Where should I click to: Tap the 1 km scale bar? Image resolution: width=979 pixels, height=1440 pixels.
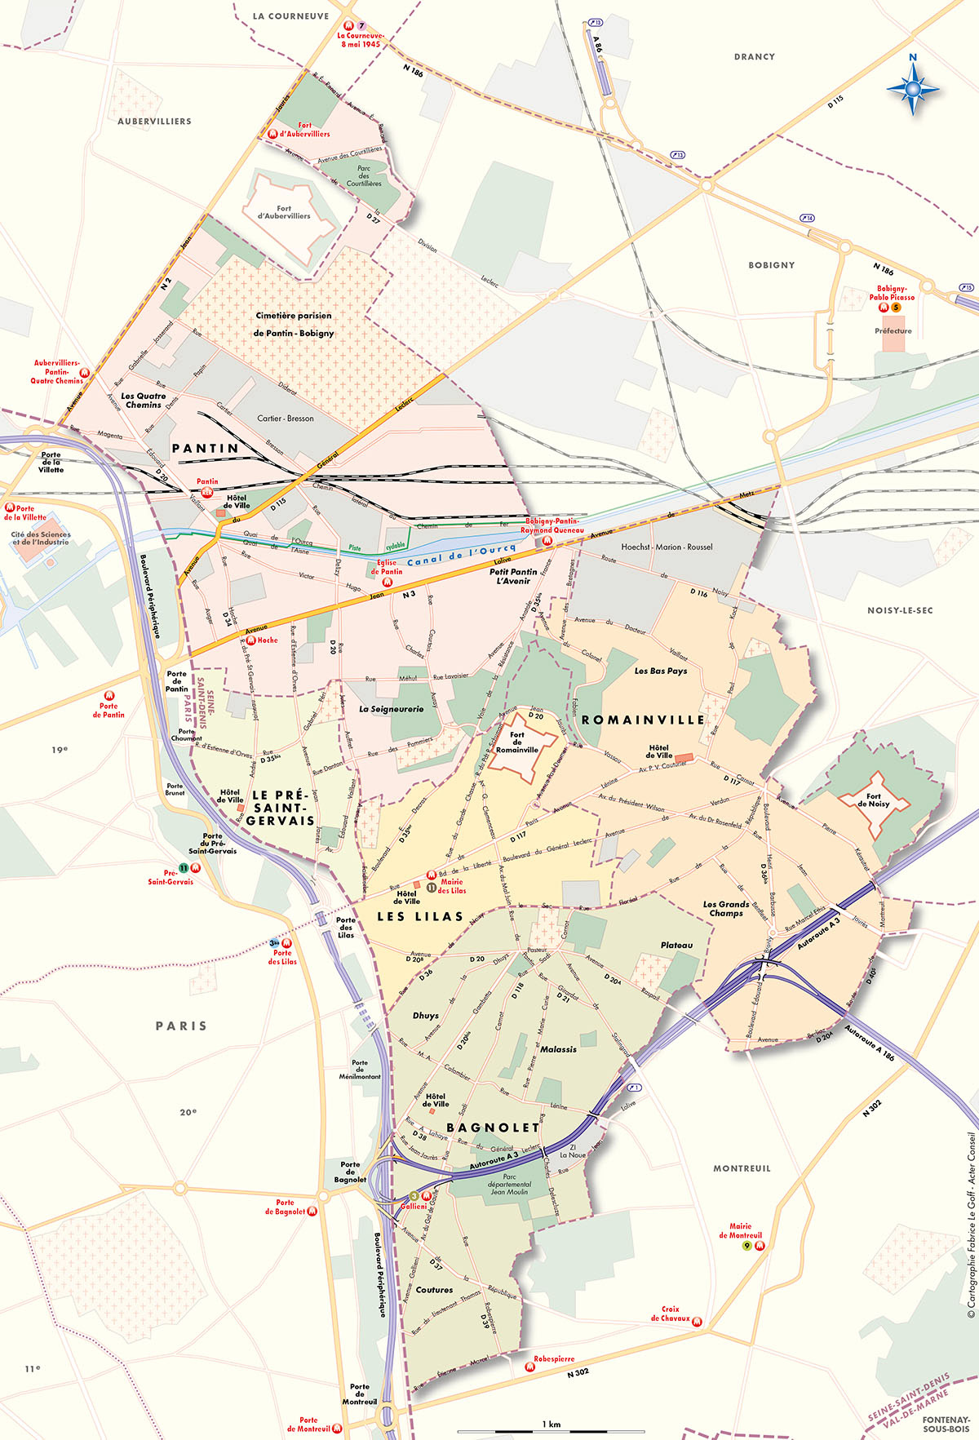(x=551, y=1430)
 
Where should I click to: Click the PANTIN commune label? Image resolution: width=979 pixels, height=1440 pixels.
(x=206, y=449)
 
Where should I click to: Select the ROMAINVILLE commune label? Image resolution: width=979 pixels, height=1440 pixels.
(x=643, y=720)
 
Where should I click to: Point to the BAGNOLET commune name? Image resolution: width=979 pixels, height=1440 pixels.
(x=493, y=1128)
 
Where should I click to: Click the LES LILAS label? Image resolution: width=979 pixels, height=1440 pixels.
(x=420, y=916)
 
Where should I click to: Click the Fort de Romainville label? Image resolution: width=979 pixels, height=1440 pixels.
(x=517, y=742)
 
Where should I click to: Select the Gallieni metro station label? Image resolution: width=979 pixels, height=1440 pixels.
(x=414, y=1206)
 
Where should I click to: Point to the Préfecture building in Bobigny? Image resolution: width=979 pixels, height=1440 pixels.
(x=893, y=341)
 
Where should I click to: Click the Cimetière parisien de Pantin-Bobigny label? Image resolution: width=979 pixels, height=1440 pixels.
(x=294, y=324)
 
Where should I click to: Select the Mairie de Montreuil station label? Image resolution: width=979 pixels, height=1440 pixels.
(x=740, y=1230)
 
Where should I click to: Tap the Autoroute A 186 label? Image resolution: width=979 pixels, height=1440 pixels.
(x=870, y=1043)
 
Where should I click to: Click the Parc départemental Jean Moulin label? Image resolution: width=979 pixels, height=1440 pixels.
(x=509, y=1184)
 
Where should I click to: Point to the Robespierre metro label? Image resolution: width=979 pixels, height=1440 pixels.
(x=554, y=1358)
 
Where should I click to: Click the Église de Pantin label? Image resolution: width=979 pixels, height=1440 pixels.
(x=387, y=566)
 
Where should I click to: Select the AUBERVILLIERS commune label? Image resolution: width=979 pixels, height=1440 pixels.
(x=154, y=122)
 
